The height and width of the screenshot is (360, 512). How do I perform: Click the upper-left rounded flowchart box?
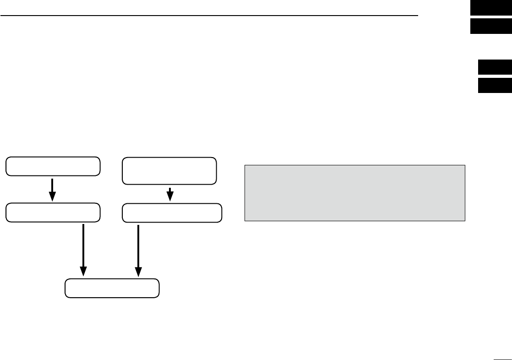[x=53, y=166]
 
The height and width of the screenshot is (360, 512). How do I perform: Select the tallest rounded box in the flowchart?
[x=169, y=171]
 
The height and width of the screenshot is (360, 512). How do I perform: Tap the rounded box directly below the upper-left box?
[x=53, y=212]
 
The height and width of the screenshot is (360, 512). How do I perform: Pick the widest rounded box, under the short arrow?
[x=172, y=213]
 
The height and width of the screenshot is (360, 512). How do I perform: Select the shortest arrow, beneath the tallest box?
[x=170, y=194]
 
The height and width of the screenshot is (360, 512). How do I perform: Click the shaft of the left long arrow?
[x=83, y=245]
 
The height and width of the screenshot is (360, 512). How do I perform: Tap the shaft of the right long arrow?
[x=138, y=245]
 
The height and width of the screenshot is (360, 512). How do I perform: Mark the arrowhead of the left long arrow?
[x=83, y=272]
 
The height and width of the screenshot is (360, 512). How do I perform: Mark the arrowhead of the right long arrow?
[x=138, y=272]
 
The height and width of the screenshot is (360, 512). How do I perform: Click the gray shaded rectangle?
[x=355, y=193]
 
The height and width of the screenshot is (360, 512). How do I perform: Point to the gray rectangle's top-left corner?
[x=245, y=165]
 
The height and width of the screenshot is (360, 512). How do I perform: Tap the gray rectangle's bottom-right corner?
[x=465, y=221]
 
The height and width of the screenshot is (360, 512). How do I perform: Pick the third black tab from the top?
[x=495, y=67]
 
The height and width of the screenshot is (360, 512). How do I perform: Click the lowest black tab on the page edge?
[x=495, y=85]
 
